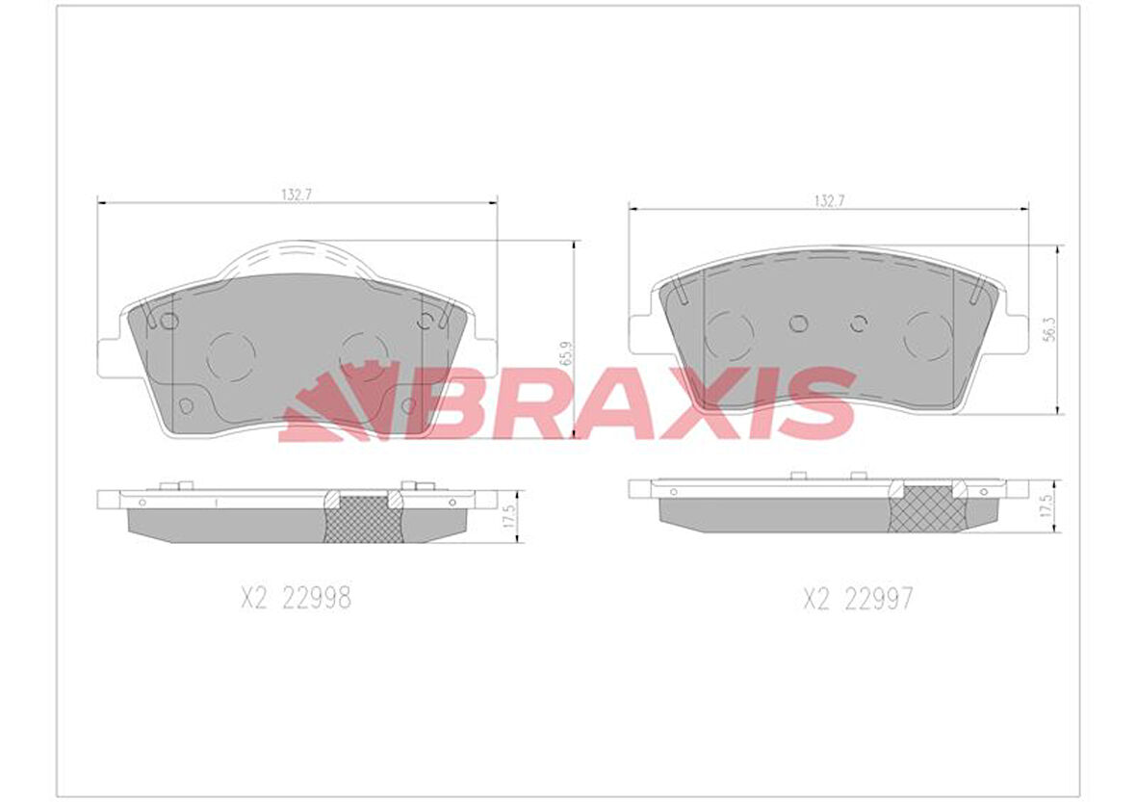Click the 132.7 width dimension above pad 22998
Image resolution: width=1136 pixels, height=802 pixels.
[298, 194]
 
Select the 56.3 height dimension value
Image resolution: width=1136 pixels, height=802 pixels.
[1051, 328]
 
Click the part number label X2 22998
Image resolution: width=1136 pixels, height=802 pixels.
[296, 599]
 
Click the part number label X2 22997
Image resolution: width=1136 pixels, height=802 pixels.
[858, 600]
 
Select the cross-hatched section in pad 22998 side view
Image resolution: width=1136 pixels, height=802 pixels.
[363, 519]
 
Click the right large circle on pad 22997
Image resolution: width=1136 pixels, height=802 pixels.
[928, 336]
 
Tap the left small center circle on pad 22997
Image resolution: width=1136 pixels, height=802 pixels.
[798, 323]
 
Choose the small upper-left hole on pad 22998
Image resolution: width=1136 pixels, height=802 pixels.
[169, 322]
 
